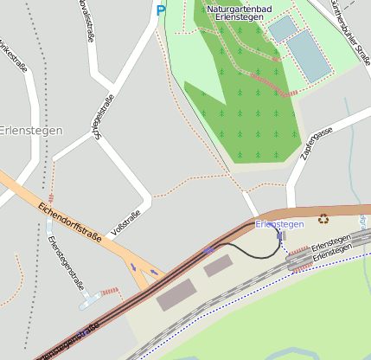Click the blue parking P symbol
(x=160, y=10)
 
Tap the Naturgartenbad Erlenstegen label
(x=240, y=13)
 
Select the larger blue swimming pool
(x=310, y=55)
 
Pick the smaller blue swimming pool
(x=282, y=29)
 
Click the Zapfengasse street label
(x=317, y=144)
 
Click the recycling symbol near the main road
(x=323, y=219)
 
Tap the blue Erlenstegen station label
(x=279, y=224)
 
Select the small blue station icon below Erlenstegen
(x=280, y=235)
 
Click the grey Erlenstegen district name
(x=31, y=131)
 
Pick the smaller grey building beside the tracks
(x=218, y=266)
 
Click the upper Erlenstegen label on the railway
(x=330, y=242)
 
